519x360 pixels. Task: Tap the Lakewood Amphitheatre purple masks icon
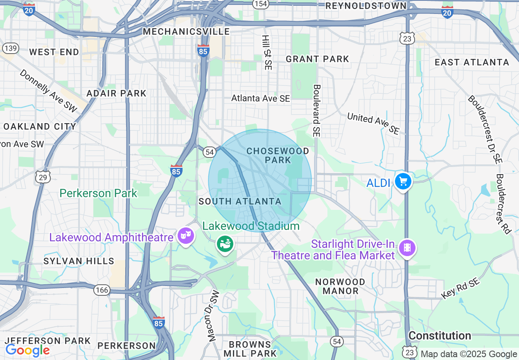(x=185, y=236)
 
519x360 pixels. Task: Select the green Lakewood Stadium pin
(x=225, y=244)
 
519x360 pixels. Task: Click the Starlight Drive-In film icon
(x=408, y=248)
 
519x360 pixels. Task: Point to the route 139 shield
(x=10, y=48)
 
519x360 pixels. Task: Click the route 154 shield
(x=260, y=4)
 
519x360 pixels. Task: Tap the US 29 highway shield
(x=43, y=177)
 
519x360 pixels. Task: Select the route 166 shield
(x=102, y=290)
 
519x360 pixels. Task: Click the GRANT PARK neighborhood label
(x=317, y=59)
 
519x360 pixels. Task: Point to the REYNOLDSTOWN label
(x=366, y=6)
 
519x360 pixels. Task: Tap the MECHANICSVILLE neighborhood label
(x=186, y=32)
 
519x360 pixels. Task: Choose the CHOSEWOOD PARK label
(x=278, y=155)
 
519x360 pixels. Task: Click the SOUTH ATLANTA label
(x=240, y=201)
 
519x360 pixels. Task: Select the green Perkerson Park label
(x=98, y=193)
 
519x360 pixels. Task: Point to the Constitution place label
(x=440, y=336)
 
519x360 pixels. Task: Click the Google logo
(x=27, y=350)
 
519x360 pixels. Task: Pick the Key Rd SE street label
(x=460, y=288)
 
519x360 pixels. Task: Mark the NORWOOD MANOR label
(x=340, y=286)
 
